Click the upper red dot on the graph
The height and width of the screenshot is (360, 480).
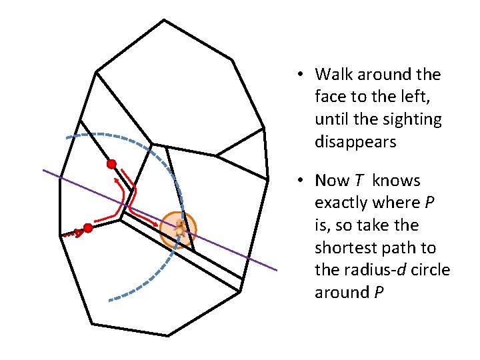click(112, 164)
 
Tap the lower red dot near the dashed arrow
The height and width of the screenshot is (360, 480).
click(88, 228)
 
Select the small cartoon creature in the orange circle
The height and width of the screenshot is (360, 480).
click(180, 227)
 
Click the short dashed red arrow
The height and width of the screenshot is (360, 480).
click(73, 233)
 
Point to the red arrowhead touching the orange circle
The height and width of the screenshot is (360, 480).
click(155, 225)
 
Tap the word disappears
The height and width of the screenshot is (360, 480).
click(355, 142)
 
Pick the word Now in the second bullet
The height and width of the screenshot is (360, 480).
click(332, 180)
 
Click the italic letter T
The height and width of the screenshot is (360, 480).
click(359, 180)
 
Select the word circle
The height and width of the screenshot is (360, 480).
click(431, 270)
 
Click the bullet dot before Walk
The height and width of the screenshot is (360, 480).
click(300, 75)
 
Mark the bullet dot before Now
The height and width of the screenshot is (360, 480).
click(300, 180)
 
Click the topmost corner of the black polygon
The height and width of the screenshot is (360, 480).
click(164, 20)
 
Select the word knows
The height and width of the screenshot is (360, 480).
click(396, 180)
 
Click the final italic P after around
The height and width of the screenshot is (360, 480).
click(379, 292)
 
